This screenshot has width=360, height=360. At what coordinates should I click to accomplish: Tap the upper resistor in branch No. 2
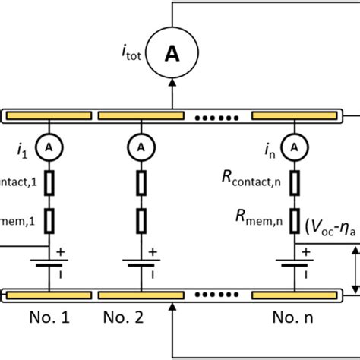pyautogui.click(x=138, y=182)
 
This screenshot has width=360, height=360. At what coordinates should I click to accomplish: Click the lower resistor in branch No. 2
pyautogui.click(x=138, y=220)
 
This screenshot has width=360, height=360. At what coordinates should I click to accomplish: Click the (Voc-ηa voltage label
pyautogui.click(x=331, y=226)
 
